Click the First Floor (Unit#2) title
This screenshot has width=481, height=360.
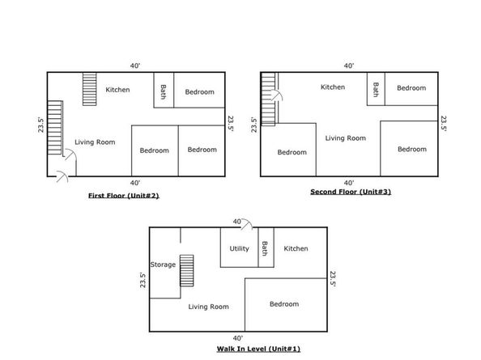[124, 196]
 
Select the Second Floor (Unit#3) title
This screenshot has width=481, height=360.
[351, 192]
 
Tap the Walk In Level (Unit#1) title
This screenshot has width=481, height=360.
[258, 349]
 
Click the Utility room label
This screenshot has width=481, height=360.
[239, 248]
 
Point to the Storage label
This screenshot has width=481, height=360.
[163, 265]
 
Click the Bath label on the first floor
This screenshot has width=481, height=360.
[164, 92]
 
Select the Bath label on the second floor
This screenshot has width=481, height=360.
[376, 90]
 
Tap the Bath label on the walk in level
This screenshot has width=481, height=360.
[265, 248]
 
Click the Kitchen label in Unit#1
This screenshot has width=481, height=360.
[296, 248]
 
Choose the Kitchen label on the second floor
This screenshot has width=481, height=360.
[333, 87]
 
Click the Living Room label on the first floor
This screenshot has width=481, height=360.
[95, 142]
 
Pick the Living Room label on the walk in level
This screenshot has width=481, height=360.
[209, 307]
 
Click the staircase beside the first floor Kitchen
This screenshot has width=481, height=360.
[90, 89]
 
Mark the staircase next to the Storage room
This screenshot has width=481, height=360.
[186, 270]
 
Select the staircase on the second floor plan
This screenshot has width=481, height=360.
[268, 100]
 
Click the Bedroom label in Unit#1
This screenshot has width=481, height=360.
[284, 304]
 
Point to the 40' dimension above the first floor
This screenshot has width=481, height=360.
[135, 66]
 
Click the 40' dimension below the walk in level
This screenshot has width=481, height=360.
[238, 338]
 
